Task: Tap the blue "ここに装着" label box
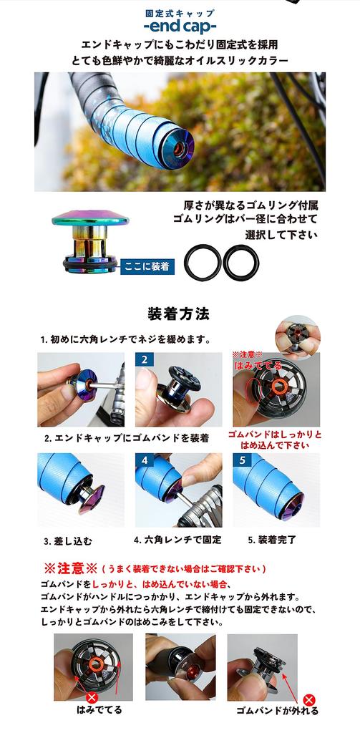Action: [147, 266]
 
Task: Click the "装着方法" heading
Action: [179, 314]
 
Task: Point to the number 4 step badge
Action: [145, 460]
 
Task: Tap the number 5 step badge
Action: [242, 460]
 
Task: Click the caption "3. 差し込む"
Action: [68, 541]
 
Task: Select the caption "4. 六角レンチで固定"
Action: [177, 540]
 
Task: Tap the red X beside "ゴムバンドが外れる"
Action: [309, 700]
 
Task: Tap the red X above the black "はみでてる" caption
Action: [92, 697]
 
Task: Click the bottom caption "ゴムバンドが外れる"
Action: [277, 711]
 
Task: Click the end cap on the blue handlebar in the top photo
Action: [176, 146]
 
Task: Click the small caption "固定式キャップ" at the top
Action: [180, 14]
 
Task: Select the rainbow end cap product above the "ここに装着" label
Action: [90, 241]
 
